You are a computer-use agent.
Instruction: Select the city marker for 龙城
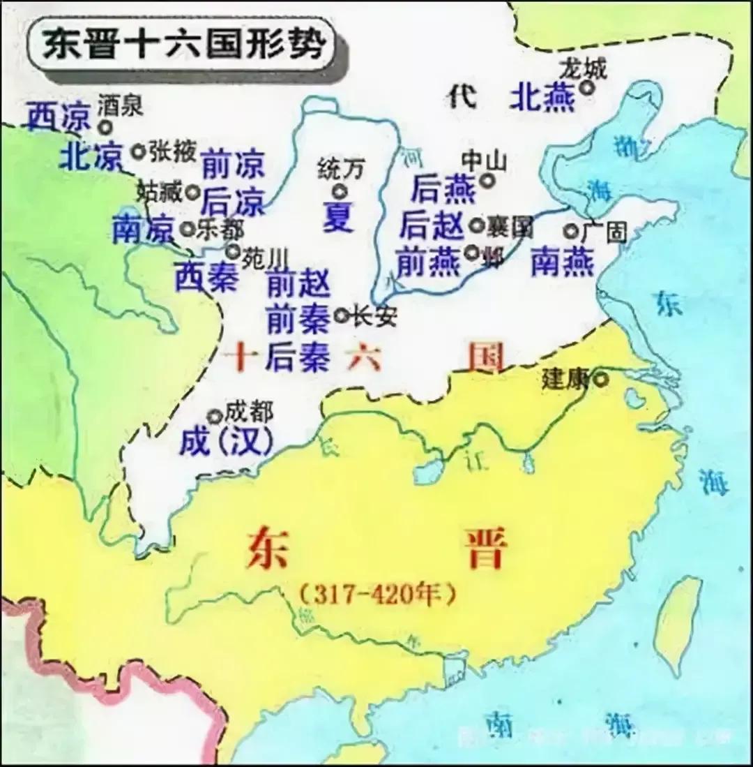tap(588, 88)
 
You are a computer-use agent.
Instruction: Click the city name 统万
tap(341, 167)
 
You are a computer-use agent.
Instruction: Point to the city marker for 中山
tap(487, 180)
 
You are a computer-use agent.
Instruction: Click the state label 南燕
tap(562, 262)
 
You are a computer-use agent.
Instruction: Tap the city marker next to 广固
tap(572, 230)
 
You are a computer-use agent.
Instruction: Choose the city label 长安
tap(374, 317)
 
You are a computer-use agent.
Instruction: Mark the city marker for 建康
tap(600, 380)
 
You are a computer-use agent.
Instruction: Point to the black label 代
tap(462, 97)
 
